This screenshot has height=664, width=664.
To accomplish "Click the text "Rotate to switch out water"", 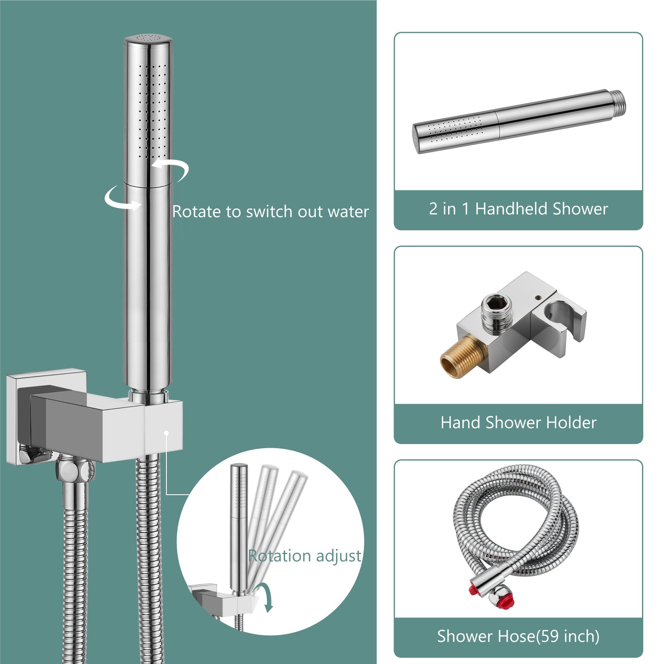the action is pyautogui.click(x=271, y=212).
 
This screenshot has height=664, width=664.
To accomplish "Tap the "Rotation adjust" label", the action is pyautogui.click(x=305, y=556).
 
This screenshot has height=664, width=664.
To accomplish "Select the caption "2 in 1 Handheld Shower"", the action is pyautogui.click(x=518, y=208).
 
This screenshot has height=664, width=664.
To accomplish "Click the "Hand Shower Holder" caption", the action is pyautogui.click(x=518, y=422).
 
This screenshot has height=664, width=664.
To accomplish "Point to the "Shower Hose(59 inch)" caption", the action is pyautogui.click(x=518, y=636).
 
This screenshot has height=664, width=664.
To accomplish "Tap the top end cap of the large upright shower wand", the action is pyautogui.click(x=148, y=40).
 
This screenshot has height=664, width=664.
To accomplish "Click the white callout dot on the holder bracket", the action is pyautogui.click(x=166, y=433).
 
